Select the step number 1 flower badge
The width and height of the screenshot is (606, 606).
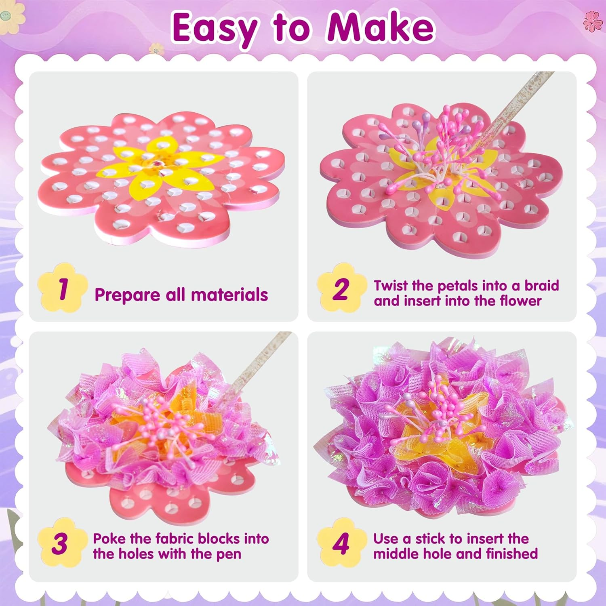click(62, 288)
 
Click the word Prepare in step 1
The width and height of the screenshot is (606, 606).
click(127, 295)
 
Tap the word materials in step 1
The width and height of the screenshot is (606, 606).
click(229, 295)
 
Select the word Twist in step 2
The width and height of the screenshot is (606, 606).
click(391, 286)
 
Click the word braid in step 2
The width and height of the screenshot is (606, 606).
click(541, 286)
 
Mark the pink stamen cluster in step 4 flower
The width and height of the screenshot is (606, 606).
click(438, 408)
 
